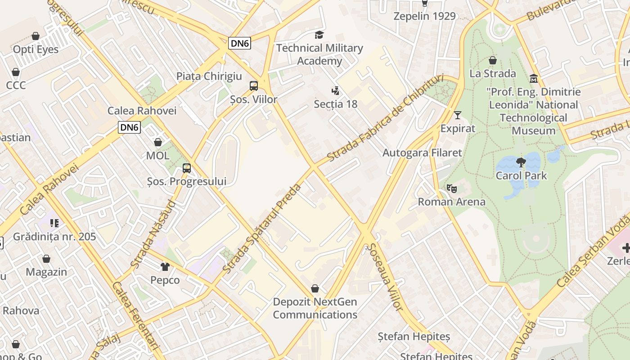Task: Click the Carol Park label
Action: pos(521,175)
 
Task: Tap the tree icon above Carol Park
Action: pos(521,162)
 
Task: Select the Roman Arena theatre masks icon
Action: pos(451,189)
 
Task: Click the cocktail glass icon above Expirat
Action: pos(458,115)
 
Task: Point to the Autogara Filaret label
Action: pos(422,153)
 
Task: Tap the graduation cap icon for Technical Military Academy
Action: pos(319,35)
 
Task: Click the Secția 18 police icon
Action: pos(335,91)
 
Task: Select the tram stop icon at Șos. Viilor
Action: pos(254,85)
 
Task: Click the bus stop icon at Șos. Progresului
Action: pos(187,168)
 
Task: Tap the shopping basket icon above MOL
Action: pos(158,143)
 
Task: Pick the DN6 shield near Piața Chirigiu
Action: pos(239,43)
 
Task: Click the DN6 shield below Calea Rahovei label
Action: pos(130,127)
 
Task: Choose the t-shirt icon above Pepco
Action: pos(165,267)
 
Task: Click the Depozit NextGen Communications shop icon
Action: pos(315,288)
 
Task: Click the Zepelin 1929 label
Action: pos(424,16)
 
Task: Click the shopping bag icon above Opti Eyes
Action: pos(36,36)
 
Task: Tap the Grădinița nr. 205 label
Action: pos(54,237)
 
